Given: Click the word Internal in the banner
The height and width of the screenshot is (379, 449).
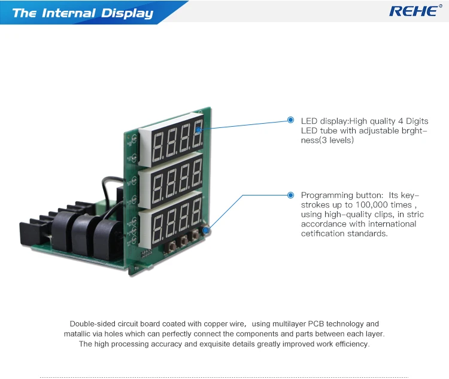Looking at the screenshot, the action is [x=69, y=13].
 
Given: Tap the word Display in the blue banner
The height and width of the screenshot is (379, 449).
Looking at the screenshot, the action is [x=128, y=14].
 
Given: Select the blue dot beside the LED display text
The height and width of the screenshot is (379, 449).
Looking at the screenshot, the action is [x=290, y=120].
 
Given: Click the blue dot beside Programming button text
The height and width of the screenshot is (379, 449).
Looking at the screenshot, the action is [x=290, y=195].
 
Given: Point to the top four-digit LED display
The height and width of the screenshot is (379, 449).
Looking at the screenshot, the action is [x=171, y=140].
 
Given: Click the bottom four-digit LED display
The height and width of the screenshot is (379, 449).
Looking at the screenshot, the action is [x=171, y=220].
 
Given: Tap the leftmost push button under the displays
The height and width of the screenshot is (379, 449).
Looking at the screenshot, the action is [x=173, y=246].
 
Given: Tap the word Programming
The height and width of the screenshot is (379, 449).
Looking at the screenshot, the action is [x=327, y=195].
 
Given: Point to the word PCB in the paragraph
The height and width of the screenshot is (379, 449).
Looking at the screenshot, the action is [x=316, y=324].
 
